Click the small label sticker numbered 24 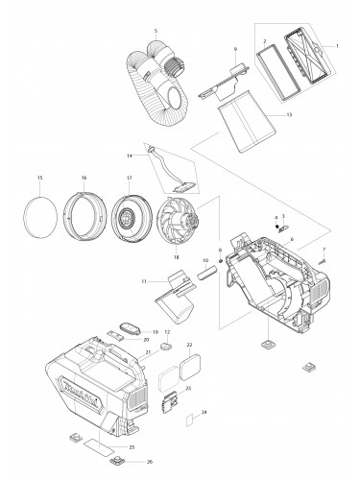tap(191, 420)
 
